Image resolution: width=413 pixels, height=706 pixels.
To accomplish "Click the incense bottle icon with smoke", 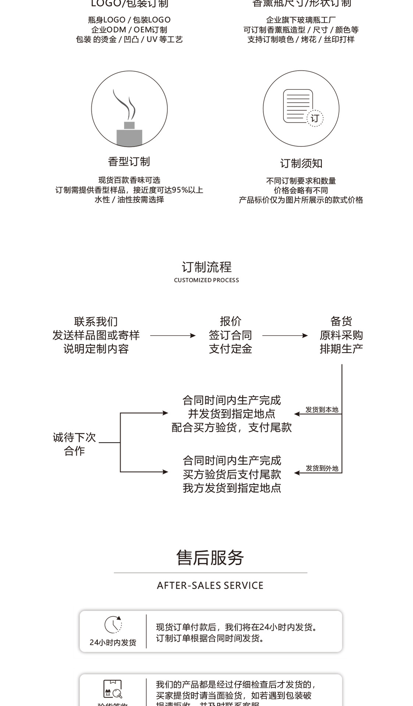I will click(129, 118).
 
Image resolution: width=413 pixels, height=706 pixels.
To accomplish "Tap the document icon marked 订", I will click(301, 108).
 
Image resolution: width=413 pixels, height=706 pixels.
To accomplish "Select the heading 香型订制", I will click(129, 161).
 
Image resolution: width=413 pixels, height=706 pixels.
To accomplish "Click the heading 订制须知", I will click(301, 163).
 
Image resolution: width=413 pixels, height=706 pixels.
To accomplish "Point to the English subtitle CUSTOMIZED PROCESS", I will click(206, 280).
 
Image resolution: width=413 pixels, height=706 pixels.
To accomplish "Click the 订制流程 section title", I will click(206, 267).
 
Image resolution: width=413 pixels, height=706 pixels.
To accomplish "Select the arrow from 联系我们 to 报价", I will click(173, 335).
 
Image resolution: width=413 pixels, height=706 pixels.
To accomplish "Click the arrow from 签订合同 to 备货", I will click(285, 335).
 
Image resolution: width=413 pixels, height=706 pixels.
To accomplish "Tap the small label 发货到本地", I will click(322, 410).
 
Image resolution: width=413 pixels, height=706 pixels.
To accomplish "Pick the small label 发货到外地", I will click(322, 468).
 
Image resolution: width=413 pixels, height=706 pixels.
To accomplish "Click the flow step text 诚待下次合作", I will click(74, 444).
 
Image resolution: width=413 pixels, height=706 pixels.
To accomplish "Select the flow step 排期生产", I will click(341, 349).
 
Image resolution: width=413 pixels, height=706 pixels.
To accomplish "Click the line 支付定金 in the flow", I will click(230, 349).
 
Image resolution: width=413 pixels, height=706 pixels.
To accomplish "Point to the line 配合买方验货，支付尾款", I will click(232, 427).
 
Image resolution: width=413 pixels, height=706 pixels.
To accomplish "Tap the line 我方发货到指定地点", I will click(232, 488).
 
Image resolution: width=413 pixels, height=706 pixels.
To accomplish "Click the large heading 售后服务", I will click(210, 557).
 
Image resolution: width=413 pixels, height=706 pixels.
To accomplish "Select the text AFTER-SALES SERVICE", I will click(210, 585).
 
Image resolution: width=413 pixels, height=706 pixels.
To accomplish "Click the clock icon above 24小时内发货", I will click(113, 624).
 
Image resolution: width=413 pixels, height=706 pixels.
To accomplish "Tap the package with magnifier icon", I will click(113, 689).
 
